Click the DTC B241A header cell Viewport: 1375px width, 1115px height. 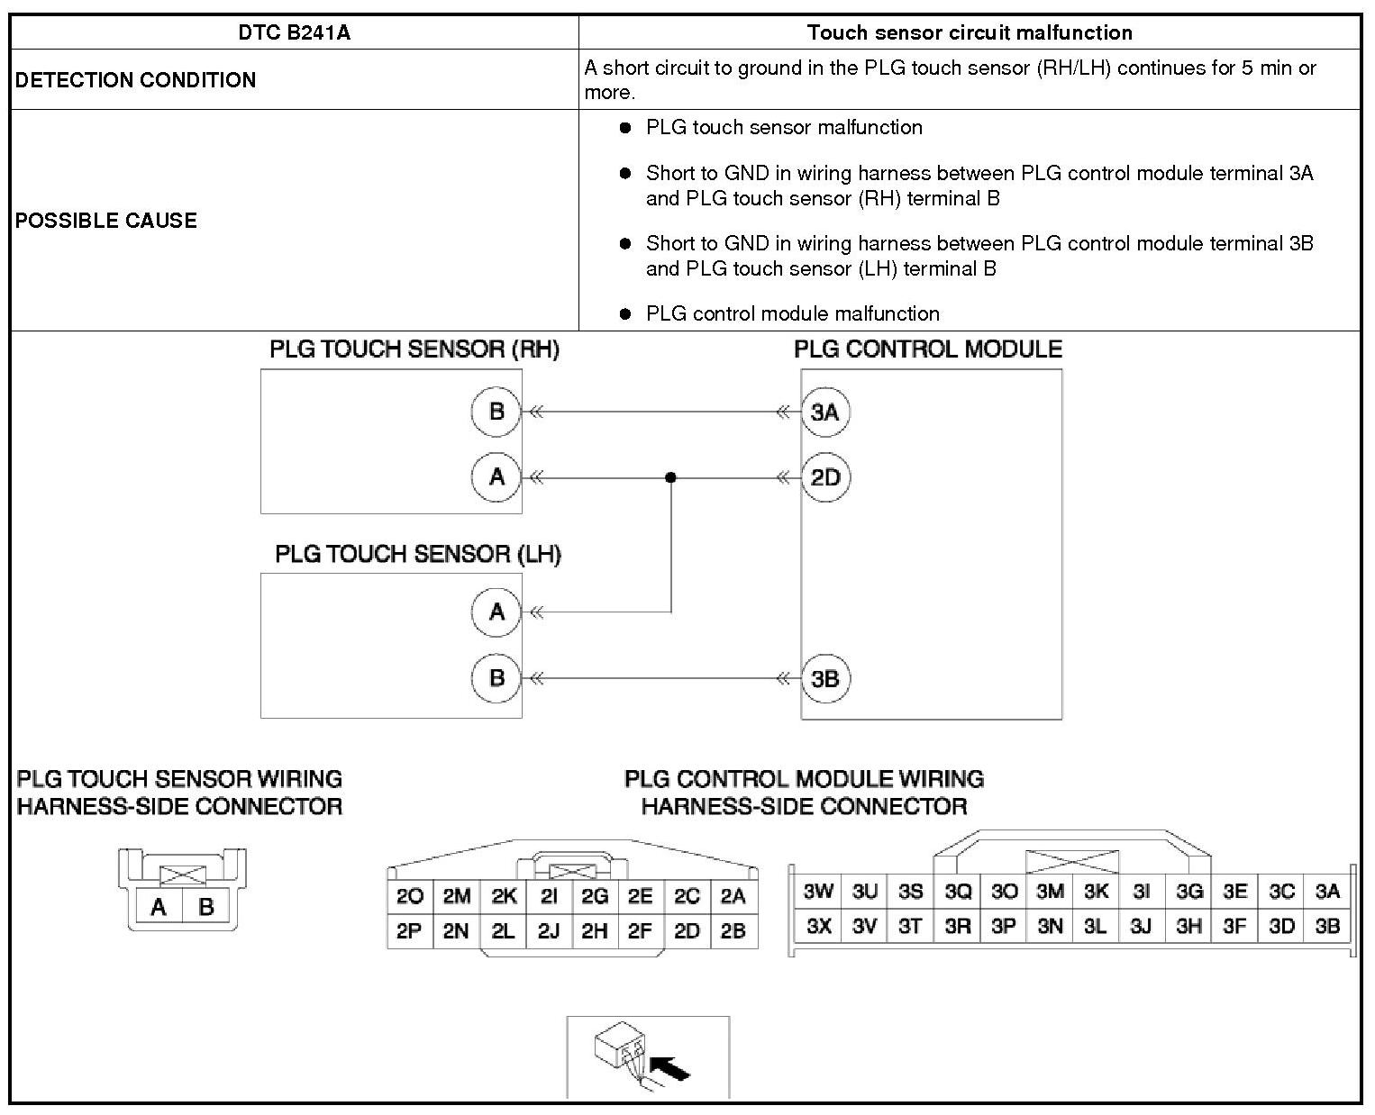coord(294,33)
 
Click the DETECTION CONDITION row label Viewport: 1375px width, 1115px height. coord(135,80)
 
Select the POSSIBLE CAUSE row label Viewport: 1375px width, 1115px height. coord(105,221)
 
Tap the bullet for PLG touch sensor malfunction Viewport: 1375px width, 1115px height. coord(625,128)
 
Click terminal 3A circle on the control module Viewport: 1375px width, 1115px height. coord(825,412)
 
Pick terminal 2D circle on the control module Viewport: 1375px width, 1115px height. coord(825,477)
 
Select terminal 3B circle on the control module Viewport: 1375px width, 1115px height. coord(825,678)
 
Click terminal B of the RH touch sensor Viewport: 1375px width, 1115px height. coord(496,412)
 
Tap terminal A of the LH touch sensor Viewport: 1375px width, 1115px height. coord(496,612)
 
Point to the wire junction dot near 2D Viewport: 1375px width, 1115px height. coord(670,477)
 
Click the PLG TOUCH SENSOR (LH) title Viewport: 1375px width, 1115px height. coord(418,554)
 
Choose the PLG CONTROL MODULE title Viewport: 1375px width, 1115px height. coord(928,349)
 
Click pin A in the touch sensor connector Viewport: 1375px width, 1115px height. coord(159,907)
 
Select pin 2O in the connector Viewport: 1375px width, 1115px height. coord(410,896)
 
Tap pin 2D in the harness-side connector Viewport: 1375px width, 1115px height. coord(687,931)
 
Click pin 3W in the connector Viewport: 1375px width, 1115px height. coord(818,892)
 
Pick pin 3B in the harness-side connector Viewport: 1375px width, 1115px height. coord(1327,926)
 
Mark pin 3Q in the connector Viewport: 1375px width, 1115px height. coord(958,892)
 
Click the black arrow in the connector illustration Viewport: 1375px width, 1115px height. coord(670,1069)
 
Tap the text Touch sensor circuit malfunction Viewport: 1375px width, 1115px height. coord(970,33)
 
